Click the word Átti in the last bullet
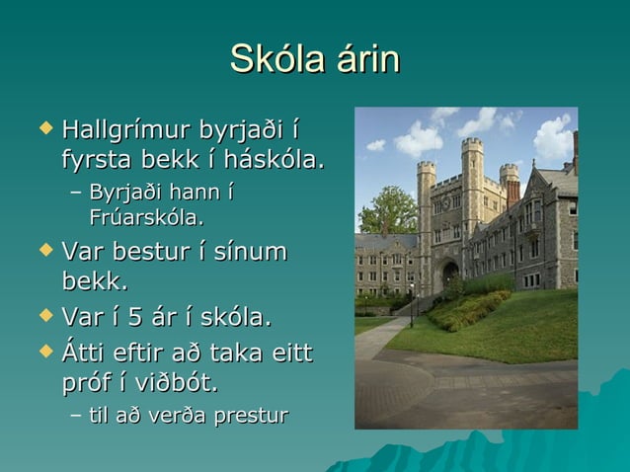click(x=86, y=352)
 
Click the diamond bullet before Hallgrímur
click(x=42, y=128)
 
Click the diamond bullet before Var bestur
click(x=42, y=251)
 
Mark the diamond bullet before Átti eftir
click(x=42, y=351)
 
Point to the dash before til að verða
click(x=76, y=416)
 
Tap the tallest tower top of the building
click(x=472, y=146)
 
